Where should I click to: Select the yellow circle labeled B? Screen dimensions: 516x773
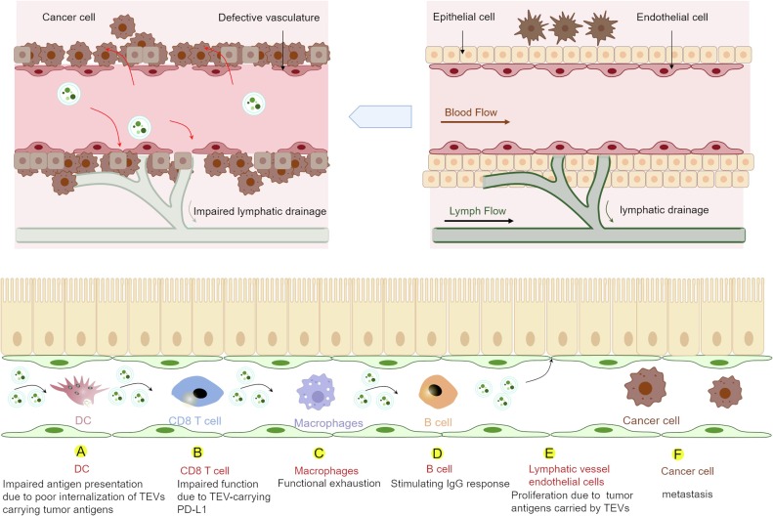[198, 452]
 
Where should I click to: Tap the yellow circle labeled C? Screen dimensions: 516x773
[320, 452]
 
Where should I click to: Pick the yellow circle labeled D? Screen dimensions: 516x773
[436, 452]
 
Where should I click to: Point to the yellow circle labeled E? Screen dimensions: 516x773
[549, 452]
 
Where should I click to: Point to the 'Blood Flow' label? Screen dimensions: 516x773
[469, 111]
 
